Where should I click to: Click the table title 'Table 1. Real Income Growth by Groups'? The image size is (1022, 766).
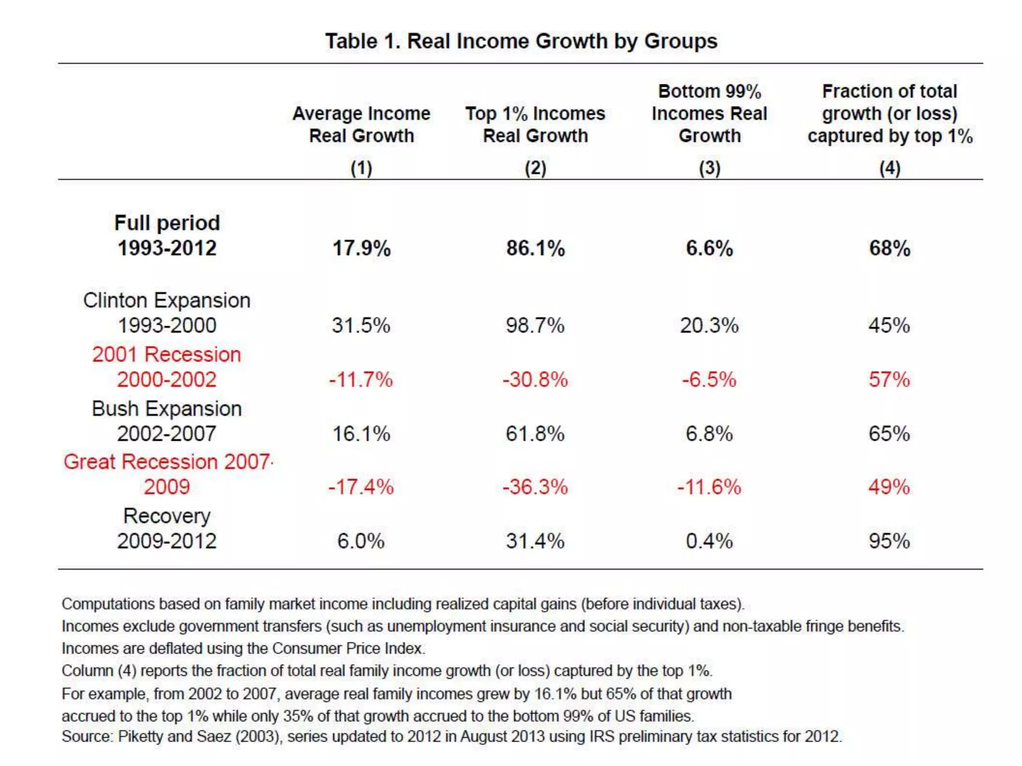point(521,41)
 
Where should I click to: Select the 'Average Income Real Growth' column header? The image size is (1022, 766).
point(361,125)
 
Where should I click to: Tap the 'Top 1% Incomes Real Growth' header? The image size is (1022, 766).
point(535,125)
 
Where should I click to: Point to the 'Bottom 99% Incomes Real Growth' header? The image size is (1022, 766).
point(709,114)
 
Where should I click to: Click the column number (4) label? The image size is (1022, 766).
point(889,168)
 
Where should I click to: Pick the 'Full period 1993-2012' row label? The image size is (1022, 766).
point(167,235)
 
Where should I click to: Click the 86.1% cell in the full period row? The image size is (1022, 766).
point(535,248)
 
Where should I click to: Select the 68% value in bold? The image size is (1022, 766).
point(889,248)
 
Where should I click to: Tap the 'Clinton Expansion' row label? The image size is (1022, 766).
point(167,301)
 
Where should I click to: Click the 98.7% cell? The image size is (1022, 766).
point(535,326)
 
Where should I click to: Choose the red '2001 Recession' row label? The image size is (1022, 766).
point(167,355)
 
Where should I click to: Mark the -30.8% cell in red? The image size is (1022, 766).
point(535,380)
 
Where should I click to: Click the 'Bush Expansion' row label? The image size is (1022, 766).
point(167,409)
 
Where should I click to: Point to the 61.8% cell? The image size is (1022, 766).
point(535,433)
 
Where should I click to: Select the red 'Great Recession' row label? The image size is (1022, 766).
point(167,462)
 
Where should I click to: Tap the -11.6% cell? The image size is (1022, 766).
point(709,487)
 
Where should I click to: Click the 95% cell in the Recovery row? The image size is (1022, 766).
point(889,541)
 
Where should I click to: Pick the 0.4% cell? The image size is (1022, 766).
point(709,541)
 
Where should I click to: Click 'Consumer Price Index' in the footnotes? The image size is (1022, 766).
point(348,648)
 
